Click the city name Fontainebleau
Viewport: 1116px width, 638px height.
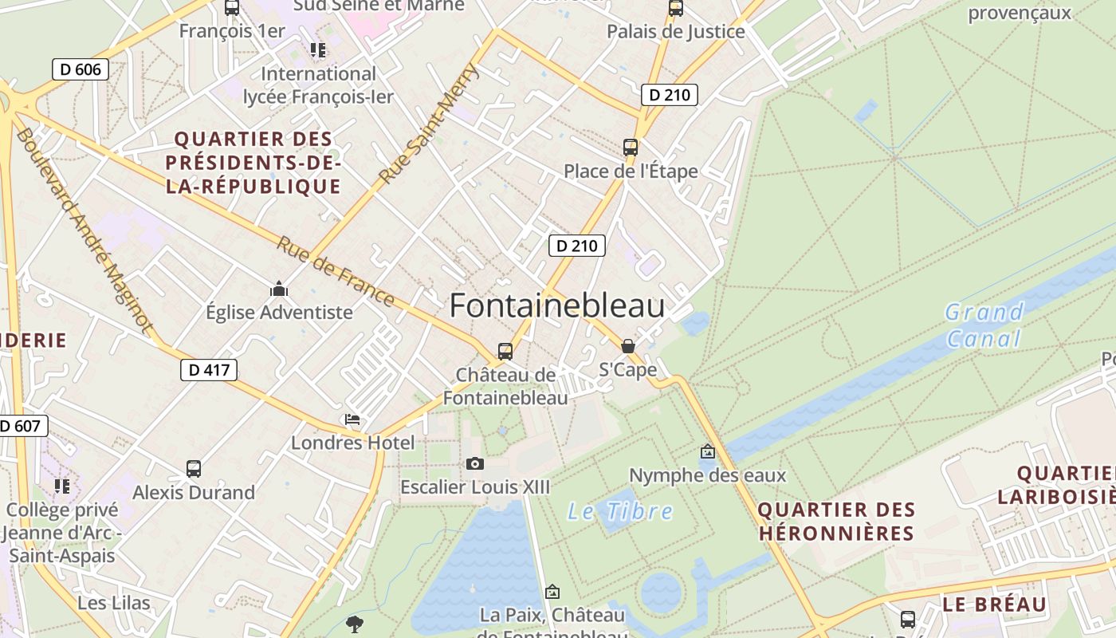pyautogui.click(x=557, y=305)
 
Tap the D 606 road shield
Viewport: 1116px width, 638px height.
pyautogui.click(x=81, y=69)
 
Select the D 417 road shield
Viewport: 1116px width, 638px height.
pyautogui.click(x=209, y=370)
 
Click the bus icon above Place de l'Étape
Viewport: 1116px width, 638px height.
pyautogui.click(x=631, y=148)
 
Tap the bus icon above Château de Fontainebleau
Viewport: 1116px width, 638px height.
pyautogui.click(x=505, y=351)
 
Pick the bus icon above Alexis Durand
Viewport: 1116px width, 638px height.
pyautogui.click(x=194, y=469)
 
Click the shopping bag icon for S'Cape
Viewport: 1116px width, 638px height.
pyautogui.click(x=628, y=346)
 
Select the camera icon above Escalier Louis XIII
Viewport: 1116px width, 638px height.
pyautogui.click(x=474, y=463)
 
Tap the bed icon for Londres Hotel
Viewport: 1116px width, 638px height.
pyautogui.click(x=352, y=419)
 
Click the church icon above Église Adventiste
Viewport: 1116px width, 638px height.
pyautogui.click(x=279, y=288)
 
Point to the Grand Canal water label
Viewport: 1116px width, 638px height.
pyautogui.click(x=984, y=325)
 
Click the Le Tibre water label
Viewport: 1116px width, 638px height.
pyautogui.click(x=620, y=511)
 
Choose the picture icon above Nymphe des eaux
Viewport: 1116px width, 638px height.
pyautogui.click(x=707, y=452)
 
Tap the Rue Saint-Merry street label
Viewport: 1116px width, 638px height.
pyautogui.click(x=430, y=124)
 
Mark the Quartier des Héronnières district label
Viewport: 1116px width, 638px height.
pyautogui.click(x=836, y=522)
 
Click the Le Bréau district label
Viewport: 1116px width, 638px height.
pyautogui.click(x=994, y=605)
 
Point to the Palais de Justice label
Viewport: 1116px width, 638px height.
pyautogui.click(x=676, y=32)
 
